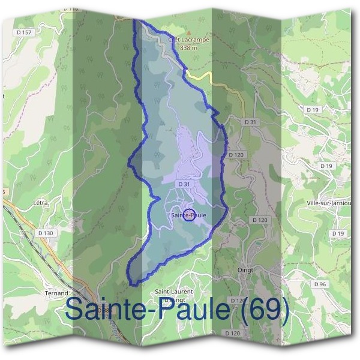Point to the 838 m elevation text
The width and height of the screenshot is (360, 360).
pyautogui.click(x=188, y=47)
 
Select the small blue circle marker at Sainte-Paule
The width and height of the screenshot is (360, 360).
pyautogui.click(x=188, y=215)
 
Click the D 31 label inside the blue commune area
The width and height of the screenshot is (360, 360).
pyautogui.click(x=184, y=184)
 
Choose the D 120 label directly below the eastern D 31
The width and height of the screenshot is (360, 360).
pyautogui.click(x=236, y=155)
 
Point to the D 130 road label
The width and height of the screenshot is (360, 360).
pyautogui.click(x=46, y=233)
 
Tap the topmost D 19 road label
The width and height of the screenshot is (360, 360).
pyautogui.click(x=312, y=110)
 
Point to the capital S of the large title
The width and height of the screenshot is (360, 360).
pyautogui.click(x=76, y=309)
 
